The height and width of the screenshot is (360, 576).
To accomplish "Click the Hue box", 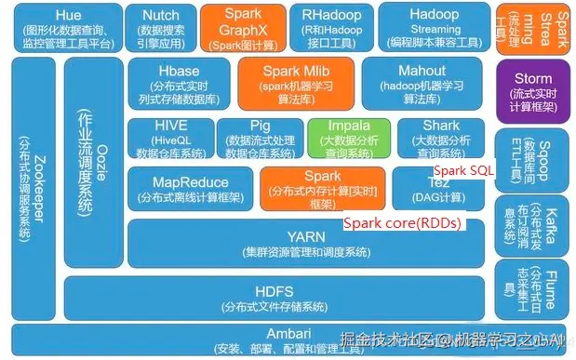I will (67, 27).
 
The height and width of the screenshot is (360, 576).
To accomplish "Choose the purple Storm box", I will (531, 91).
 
